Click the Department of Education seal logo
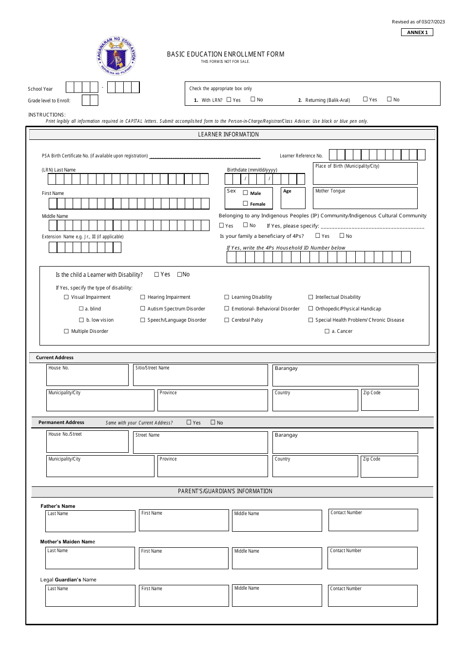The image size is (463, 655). tap(116, 57)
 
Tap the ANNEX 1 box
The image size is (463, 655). tap(417, 32)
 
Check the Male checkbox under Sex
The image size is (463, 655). tap(245, 193)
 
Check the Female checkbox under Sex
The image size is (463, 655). tap(245, 203)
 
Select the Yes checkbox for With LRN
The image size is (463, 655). tap(229, 99)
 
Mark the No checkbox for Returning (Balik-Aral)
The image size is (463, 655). tap(389, 99)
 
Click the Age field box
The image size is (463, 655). tap(293, 198)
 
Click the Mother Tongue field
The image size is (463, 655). tap(365, 198)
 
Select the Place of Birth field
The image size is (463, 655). tap(365, 173)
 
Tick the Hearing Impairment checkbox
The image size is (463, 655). tap(143, 297)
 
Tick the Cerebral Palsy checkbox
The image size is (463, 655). tap(227, 320)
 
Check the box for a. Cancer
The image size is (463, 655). tap(327, 331)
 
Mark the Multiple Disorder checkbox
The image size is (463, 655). tap(66, 331)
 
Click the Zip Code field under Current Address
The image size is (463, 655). tap(389, 400)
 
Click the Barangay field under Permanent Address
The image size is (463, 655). tap(345, 443)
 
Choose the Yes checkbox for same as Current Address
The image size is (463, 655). tap(189, 422)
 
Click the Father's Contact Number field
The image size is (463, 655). tap(373, 520)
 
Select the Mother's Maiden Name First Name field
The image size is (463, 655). tap(184, 559)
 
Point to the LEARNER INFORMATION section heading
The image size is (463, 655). tap(229, 135)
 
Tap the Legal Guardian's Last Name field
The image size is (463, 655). tap(90, 596)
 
